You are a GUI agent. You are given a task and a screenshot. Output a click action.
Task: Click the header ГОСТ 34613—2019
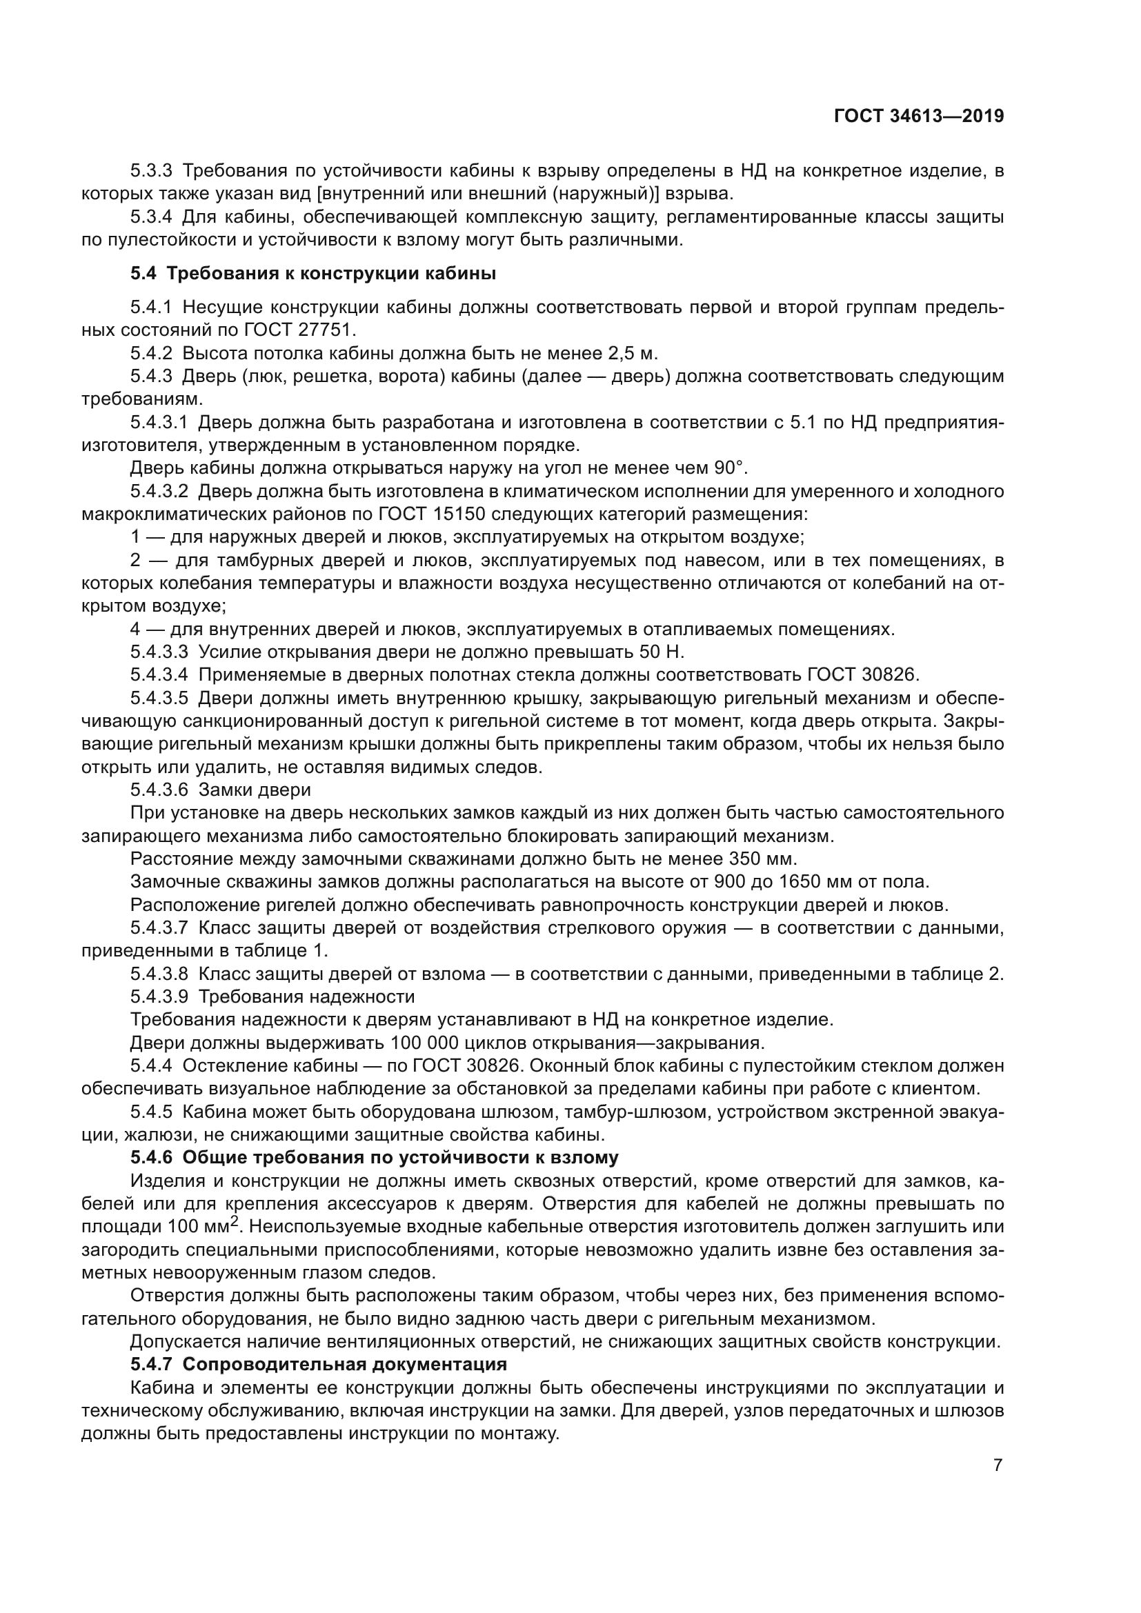[918, 117]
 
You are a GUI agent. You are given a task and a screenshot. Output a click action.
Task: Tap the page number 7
[998, 1465]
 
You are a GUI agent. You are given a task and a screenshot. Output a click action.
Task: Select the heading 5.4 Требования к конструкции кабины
[313, 274]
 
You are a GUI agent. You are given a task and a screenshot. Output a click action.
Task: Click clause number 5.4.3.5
[159, 699]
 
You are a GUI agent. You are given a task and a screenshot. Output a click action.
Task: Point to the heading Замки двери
[255, 790]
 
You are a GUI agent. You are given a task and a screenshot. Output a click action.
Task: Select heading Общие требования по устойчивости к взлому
[401, 1158]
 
